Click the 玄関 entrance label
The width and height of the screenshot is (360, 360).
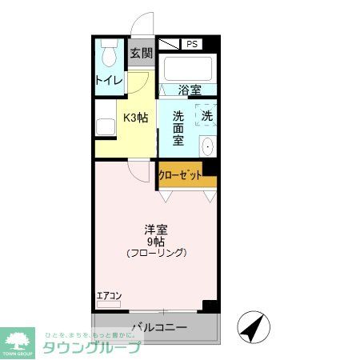(x=142, y=54)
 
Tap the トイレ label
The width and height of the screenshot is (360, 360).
(x=108, y=80)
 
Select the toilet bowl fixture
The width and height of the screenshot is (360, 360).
(x=109, y=56)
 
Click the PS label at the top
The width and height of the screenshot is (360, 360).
(x=191, y=44)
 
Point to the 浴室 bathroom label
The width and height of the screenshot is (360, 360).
(x=190, y=90)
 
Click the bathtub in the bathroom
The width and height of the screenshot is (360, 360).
(x=187, y=67)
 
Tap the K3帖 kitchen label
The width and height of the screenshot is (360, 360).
(x=134, y=118)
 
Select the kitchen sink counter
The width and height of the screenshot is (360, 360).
(x=105, y=127)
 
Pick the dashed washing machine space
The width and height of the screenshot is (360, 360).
(x=206, y=116)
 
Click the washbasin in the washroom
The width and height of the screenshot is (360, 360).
(x=208, y=146)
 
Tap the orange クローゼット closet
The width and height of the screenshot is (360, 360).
(x=186, y=175)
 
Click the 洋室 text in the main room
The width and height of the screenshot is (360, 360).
(x=157, y=227)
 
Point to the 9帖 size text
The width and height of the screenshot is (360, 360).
(x=157, y=240)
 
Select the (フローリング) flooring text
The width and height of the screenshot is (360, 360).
(x=157, y=253)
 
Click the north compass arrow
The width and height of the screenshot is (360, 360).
(x=252, y=326)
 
